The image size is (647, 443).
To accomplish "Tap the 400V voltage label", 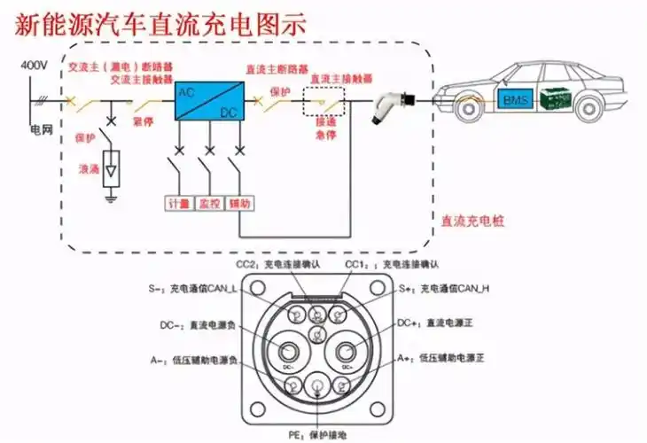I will (x=32, y=66).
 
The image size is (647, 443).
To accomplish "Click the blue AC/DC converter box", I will (x=206, y=103).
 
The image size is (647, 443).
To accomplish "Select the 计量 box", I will (x=179, y=203).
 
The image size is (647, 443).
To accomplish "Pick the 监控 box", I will (x=209, y=203).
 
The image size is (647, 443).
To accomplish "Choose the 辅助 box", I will (x=239, y=203).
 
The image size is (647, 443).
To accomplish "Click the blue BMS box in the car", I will (x=515, y=100).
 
